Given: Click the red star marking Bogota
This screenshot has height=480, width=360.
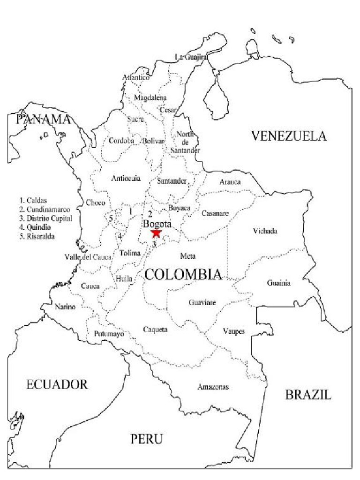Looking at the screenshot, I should (x=156, y=233).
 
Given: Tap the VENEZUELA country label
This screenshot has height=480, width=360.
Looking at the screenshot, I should (x=288, y=136).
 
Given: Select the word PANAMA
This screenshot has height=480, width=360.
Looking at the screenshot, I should (x=43, y=120).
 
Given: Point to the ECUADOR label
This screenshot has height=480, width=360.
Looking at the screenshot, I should (x=57, y=385).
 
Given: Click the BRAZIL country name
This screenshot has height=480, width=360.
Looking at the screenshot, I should (x=308, y=395).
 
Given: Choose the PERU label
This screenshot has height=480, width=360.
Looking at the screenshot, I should (x=147, y=439).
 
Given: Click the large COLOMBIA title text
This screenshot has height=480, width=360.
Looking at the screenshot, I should (x=183, y=275).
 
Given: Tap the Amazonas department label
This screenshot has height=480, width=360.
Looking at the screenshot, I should (x=213, y=387).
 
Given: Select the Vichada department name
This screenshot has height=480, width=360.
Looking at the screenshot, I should (x=265, y=231).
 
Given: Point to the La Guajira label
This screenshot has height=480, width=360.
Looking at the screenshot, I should (x=191, y=57).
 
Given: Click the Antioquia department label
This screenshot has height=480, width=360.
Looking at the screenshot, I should (x=126, y=178).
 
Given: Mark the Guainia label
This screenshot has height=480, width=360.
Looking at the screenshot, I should (x=279, y=283).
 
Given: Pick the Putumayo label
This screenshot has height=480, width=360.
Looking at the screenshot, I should (x=109, y=334).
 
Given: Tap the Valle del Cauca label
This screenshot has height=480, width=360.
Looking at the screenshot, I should (x=88, y=257).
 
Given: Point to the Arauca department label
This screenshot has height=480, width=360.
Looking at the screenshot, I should (x=230, y=182).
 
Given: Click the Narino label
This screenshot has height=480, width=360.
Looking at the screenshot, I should (x=65, y=307).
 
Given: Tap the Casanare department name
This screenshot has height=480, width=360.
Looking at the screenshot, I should (x=215, y=213).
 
